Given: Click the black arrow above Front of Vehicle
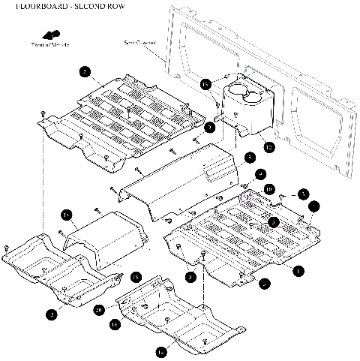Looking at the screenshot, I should pos(51,35).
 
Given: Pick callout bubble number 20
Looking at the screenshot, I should pos(98,308).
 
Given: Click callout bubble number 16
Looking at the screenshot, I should pos(115,323).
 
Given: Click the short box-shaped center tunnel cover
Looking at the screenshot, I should pos(105,234).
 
